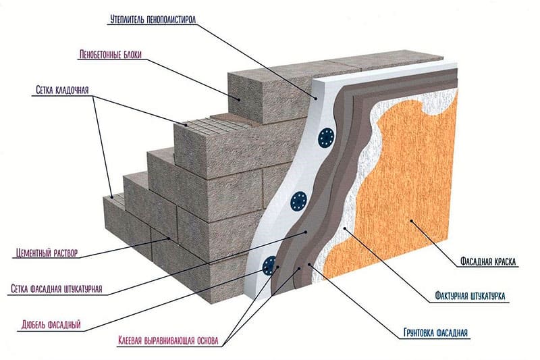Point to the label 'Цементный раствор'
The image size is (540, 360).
(x=46, y=253)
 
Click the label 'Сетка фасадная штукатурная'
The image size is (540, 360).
(x=57, y=289)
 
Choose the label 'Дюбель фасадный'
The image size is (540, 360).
(x=47, y=325)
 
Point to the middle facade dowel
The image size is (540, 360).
(x=298, y=200)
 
